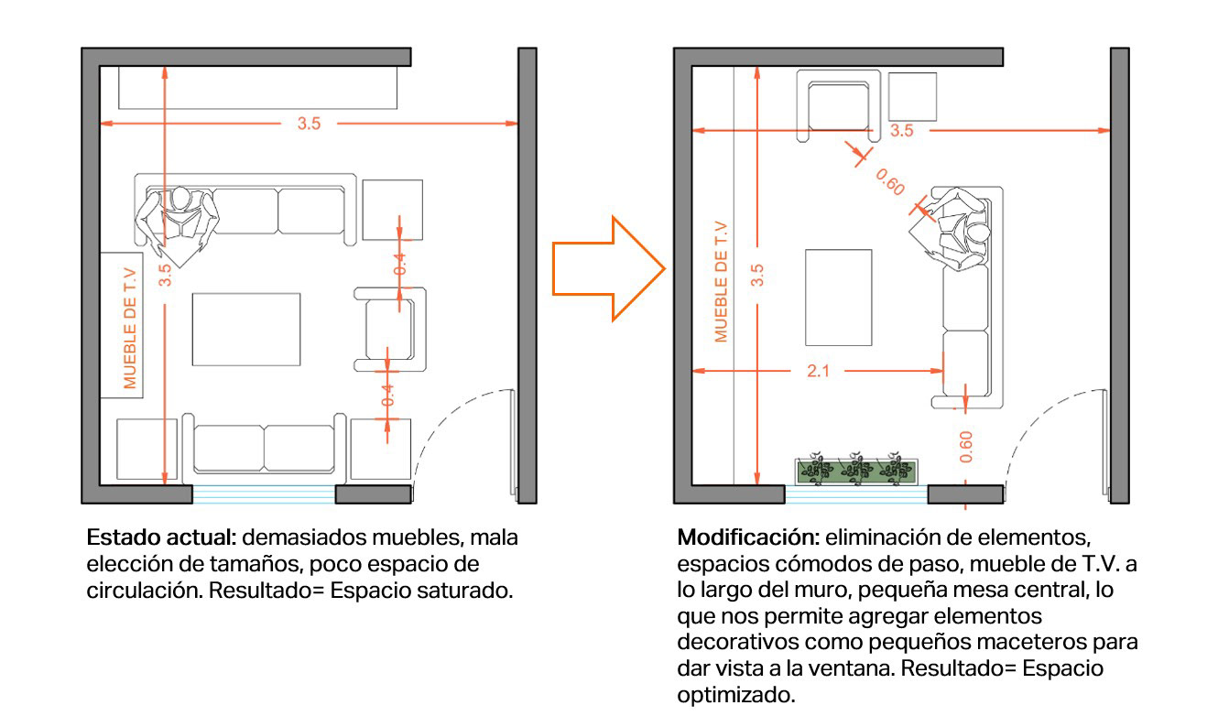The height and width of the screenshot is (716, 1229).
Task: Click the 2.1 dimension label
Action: (x=818, y=371)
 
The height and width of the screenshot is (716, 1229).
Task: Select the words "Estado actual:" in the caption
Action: (x=161, y=537)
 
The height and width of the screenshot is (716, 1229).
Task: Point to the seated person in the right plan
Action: (x=957, y=228)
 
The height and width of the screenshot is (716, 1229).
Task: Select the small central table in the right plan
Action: (x=839, y=298)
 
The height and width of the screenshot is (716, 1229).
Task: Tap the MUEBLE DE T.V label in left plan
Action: (x=130, y=326)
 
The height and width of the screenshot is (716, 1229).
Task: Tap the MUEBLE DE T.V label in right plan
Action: (x=722, y=281)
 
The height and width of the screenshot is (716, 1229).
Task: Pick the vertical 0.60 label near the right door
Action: (x=967, y=446)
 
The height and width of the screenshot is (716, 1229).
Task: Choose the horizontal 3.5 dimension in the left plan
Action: (x=309, y=124)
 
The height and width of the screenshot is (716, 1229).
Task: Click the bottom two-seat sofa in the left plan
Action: (x=265, y=449)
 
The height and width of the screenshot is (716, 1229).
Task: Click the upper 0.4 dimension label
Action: (x=400, y=263)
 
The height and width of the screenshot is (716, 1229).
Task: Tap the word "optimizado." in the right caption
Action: (x=735, y=695)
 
